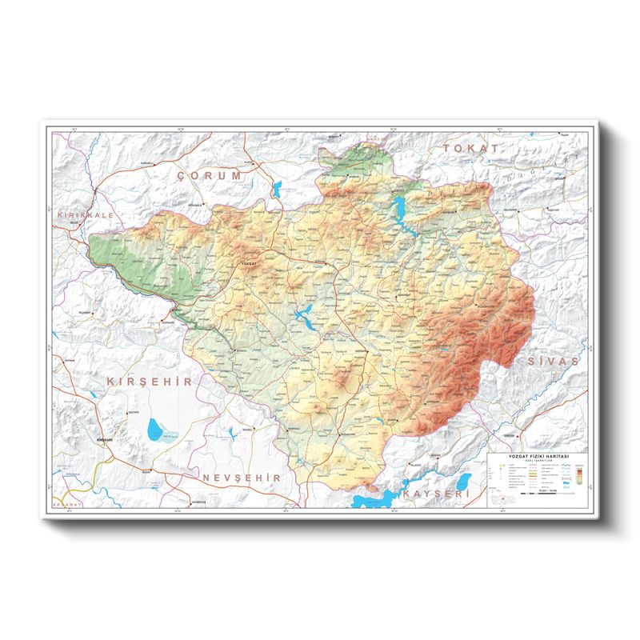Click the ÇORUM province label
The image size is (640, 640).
(210, 175)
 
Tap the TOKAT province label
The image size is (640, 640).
(473, 149)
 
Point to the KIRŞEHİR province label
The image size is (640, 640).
(150, 382)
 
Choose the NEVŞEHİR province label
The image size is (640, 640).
(243, 477)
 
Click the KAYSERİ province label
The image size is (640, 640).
(435, 495)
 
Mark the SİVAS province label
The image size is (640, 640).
(552, 362)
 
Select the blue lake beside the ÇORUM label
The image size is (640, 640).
(278, 190)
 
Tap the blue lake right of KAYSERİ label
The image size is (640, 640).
(464, 481)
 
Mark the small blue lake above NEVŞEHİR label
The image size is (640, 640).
(230, 433)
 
